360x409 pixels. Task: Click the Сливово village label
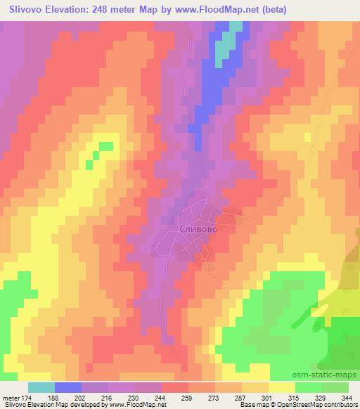(195, 229)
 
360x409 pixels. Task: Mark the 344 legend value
(347, 397)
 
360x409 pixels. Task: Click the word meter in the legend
(11, 397)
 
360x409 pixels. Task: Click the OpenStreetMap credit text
(310, 405)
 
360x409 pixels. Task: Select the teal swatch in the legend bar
(41, 387)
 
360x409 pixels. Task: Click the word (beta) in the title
(266, 8)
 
